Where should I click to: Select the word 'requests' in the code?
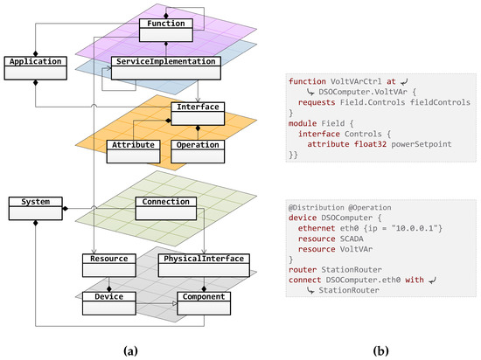tap(317, 100)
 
